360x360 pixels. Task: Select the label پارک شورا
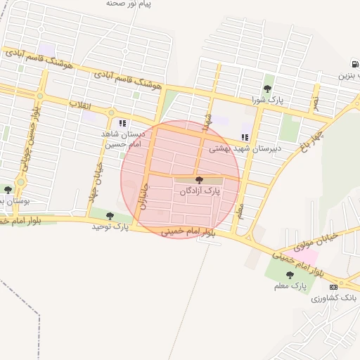pos(268,99)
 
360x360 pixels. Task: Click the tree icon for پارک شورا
pos(267,89)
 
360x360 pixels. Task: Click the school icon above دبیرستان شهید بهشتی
pos(245,137)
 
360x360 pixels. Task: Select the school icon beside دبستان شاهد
pos(122,123)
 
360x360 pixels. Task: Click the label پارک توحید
pos(110,227)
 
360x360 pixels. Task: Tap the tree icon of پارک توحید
pos(110,217)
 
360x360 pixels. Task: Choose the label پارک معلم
pos(290,286)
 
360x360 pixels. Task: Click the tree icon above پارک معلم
pos(290,275)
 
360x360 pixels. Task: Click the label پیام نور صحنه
pos(129,4)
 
